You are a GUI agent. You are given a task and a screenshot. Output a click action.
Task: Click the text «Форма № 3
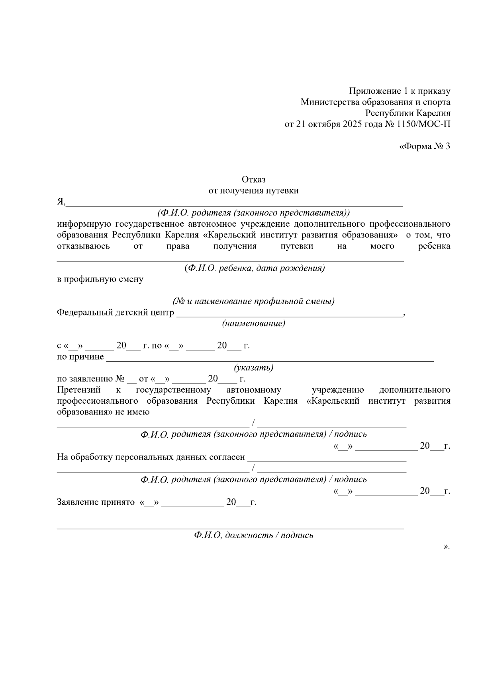point(424,146)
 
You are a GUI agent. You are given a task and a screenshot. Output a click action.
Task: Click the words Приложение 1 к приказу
point(400,91)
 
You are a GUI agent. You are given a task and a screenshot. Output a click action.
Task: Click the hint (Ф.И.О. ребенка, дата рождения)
point(255,268)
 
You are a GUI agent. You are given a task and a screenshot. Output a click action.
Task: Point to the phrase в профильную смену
point(100,279)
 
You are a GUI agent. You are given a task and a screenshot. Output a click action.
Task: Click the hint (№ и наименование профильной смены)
point(253,301)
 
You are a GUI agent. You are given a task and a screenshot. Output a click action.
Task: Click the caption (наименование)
point(254,323)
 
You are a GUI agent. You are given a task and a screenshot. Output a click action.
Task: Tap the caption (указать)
point(254,368)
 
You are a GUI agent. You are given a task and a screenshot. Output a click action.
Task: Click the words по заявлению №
point(91,379)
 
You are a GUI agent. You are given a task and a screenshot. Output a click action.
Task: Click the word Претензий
point(79,390)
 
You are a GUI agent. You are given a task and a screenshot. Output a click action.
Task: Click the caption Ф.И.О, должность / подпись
point(254,535)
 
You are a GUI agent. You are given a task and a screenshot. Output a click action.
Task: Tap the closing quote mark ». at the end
point(446,547)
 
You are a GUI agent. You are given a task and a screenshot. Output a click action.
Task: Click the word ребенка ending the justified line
point(434,246)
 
